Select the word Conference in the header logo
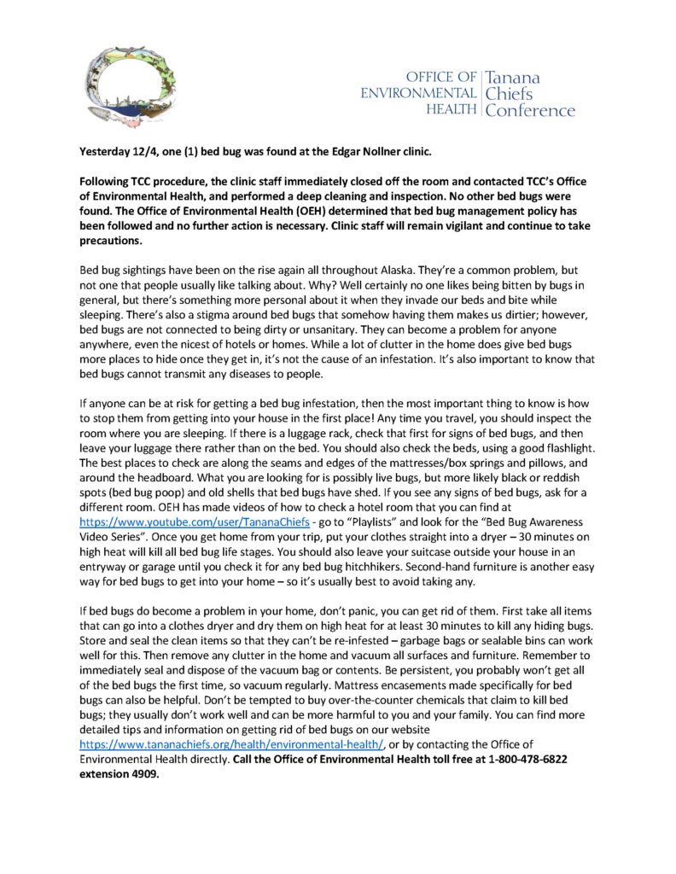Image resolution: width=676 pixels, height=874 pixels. [x=530, y=110]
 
